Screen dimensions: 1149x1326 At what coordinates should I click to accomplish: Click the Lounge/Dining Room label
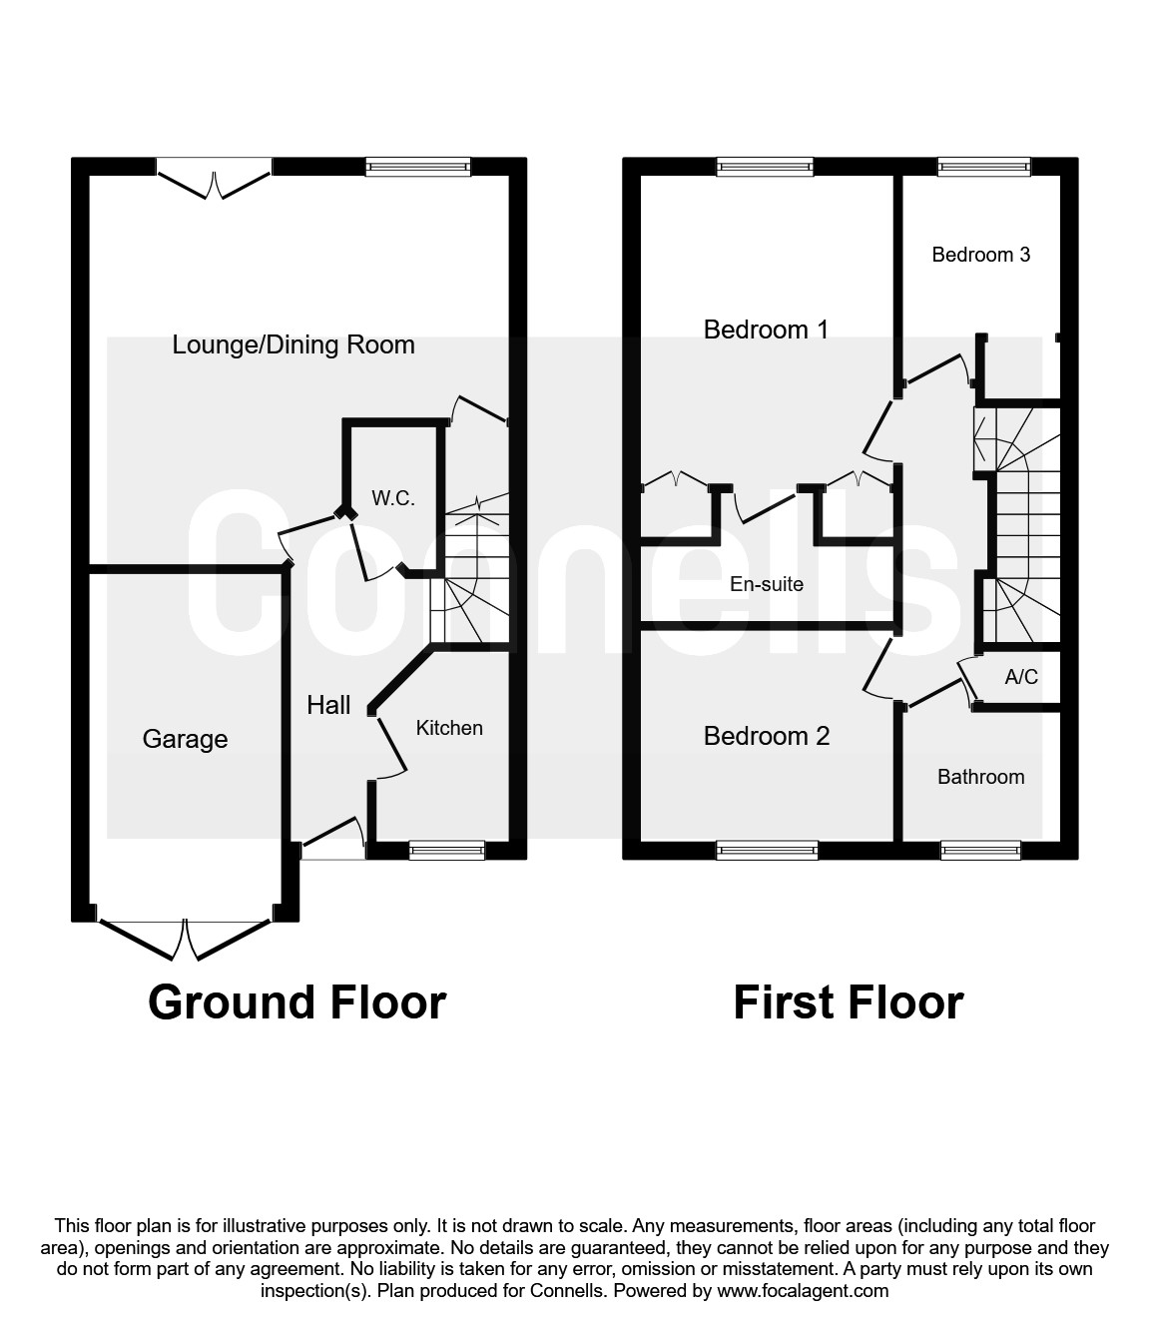[x=293, y=345]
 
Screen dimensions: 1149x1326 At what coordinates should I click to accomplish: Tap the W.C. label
[x=393, y=498]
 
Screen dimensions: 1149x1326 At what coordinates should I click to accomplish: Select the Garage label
[x=185, y=739]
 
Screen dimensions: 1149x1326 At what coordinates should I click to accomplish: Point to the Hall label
[x=328, y=705]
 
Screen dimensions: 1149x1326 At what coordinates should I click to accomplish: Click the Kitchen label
[x=449, y=728]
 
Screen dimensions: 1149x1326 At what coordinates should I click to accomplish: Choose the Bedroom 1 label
[x=766, y=330]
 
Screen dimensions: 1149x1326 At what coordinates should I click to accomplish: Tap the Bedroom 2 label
[x=767, y=736]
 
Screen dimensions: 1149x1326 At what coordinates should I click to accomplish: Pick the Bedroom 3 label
[x=981, y=255]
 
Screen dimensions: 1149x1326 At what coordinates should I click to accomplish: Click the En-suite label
[x=767, y=584]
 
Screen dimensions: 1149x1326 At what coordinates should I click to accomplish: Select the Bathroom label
[x=981, y=777]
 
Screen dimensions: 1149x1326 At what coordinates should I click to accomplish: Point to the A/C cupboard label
[x=1021, y=676]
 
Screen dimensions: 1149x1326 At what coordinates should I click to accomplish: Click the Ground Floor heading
[x=297, y=1002]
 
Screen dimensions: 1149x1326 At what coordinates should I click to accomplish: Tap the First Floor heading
[x=849, y=1002]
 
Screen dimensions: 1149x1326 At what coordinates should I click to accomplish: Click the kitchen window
[x=447, y=851]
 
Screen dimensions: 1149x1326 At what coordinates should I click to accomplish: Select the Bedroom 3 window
[x=984, y=167]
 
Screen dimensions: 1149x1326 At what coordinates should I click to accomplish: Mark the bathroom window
[x=981, y=851]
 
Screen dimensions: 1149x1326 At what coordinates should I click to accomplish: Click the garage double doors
[x=185, y=940]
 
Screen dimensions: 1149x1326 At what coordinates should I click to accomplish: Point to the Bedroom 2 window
[x=768, y=851]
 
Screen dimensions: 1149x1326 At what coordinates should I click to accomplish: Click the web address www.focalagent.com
[x=803, y=1290]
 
